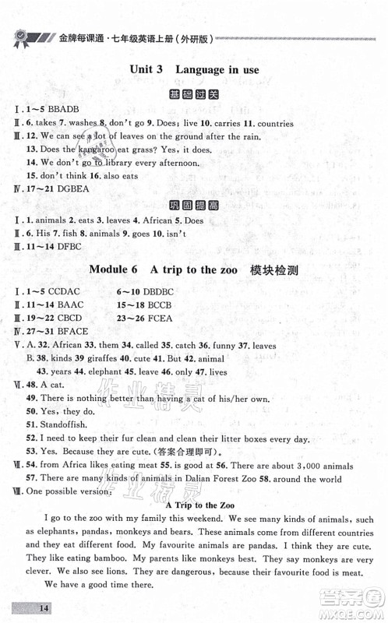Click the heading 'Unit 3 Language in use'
[194, 70]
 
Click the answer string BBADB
[64, 110]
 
